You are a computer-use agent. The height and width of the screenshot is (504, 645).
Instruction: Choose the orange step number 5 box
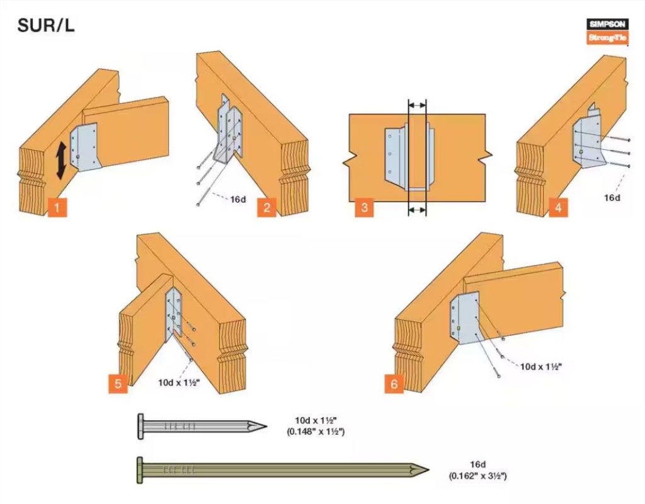[x=117, y=382]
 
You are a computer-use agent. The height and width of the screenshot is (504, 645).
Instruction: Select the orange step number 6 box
[x=394, y=382]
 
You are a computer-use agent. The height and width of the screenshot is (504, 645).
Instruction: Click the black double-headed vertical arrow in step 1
[x=62, y=160]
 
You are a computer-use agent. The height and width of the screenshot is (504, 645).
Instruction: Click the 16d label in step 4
[x=612, y=197]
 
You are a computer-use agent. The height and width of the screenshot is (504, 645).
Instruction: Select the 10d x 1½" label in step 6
[x=540, y=366]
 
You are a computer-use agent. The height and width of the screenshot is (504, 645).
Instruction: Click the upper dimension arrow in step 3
[x=417, y=103]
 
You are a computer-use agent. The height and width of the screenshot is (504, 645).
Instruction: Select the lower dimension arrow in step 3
[x=417, y=211]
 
